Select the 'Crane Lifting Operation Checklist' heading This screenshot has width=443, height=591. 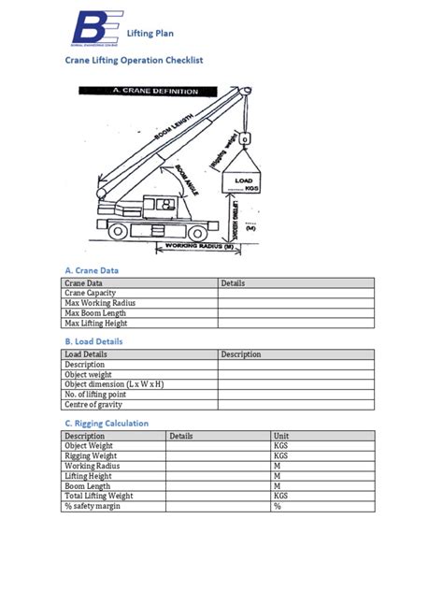tap(133, 59)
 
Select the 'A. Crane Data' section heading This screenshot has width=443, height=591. tap(92, 269)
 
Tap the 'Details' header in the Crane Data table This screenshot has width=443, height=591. tap(233, 282)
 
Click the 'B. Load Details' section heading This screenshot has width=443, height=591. tap(93, 341)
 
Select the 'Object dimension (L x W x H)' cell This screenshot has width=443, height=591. tap(114, 384)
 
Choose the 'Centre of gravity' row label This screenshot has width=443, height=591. tap(93, 405)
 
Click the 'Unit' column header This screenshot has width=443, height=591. tap(281, 436)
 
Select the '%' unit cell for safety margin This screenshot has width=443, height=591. tap(278, 507)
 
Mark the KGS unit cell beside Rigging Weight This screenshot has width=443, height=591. tap(281, 456)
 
